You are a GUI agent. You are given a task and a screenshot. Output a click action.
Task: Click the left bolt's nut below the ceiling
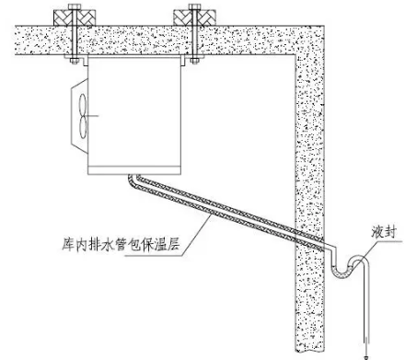[71, 60]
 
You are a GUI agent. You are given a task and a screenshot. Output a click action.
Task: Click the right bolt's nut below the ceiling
[196, 60]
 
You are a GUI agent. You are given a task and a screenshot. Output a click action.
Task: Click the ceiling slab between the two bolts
[133, 42]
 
